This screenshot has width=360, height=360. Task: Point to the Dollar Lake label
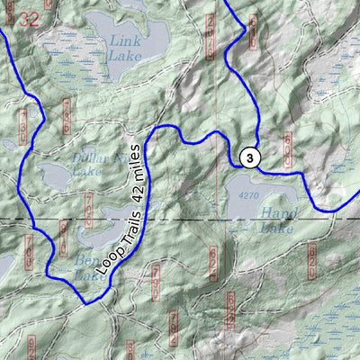coord(90,164)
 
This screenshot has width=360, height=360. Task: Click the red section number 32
coord(30,18)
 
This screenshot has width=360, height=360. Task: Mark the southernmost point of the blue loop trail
coord(87,304)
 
